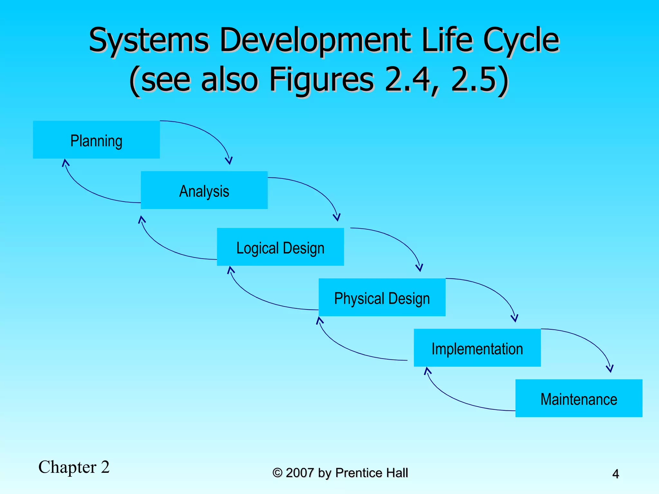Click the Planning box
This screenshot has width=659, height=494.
(x=96, y=140)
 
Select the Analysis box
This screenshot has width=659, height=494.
(x=204, y=190)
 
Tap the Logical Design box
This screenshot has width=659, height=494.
(x=280, y=247)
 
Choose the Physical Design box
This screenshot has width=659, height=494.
(x=382, y=297)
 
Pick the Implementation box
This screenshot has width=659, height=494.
(x=477, y=348)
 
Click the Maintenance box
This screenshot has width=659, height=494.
(x=579, y=398)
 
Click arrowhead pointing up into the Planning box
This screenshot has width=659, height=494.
(x=65, y=162)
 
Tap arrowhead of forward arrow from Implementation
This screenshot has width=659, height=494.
(x=610, y=369)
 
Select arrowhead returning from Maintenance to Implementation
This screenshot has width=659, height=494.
(x=427, y=370)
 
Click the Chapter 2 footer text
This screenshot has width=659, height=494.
(x=74, y=467)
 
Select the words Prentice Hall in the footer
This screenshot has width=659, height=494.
(x=371, y=473)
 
